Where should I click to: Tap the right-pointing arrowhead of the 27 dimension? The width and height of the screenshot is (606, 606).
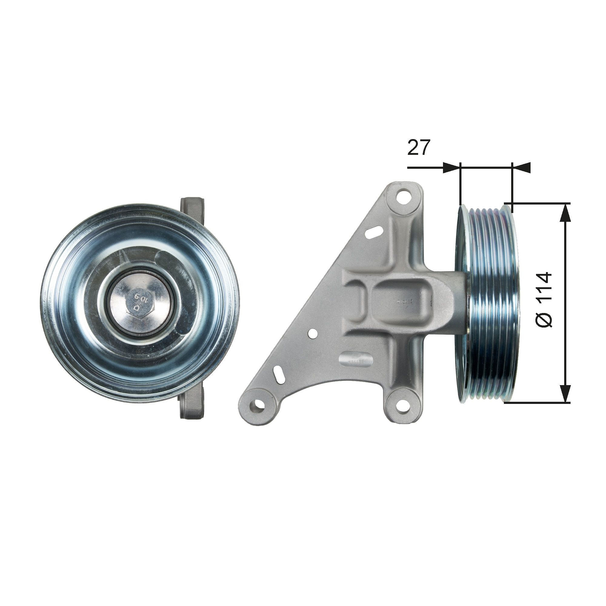click(451, 168)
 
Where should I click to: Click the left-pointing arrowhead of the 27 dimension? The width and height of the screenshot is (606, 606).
click(521, 168)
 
